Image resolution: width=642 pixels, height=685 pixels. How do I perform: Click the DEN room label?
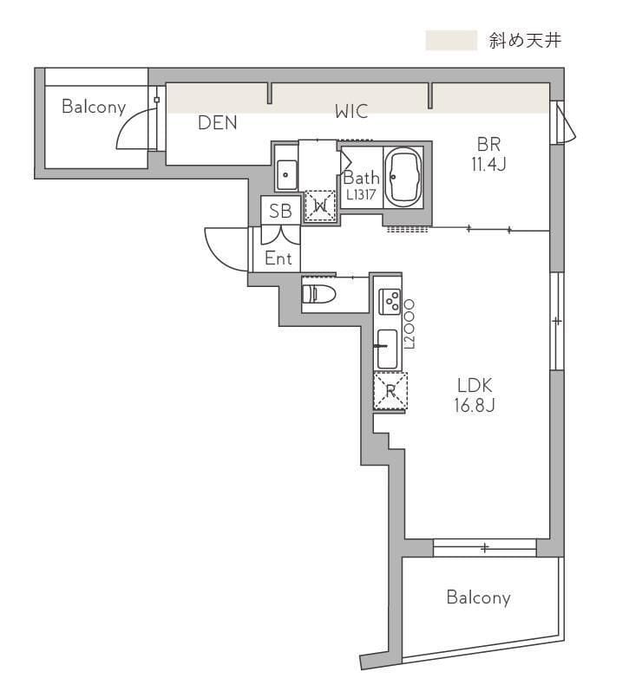coord(217,123)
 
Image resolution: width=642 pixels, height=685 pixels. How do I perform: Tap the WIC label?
coord(351,111)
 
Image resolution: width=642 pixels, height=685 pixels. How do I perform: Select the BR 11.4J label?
coord(488,153)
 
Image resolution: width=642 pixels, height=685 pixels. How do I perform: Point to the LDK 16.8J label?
coord(475,395)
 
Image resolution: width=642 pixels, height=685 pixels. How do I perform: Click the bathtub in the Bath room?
coord(403,179)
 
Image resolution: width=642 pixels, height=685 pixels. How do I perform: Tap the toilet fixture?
coord(318,294)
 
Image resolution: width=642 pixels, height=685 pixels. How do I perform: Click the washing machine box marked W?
coord(320,205)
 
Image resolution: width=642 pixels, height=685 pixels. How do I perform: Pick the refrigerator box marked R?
coord(390,390)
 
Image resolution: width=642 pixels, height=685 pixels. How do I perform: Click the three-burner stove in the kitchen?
coord(390,301)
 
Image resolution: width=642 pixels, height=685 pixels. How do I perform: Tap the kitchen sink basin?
coord(387,349)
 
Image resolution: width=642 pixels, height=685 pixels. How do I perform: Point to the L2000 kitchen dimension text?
coord(410,324)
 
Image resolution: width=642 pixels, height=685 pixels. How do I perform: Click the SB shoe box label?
coord(280,211)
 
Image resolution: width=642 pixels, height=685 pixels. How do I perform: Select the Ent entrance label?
coord(278,258)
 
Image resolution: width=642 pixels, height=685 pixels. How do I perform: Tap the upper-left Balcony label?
coord(94,107)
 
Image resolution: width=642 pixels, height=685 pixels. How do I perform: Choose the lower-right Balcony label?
coord(479,597)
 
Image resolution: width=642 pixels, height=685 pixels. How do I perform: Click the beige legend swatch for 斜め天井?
coord(451,40)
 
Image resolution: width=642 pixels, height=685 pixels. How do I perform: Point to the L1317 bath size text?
coord(361,194)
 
